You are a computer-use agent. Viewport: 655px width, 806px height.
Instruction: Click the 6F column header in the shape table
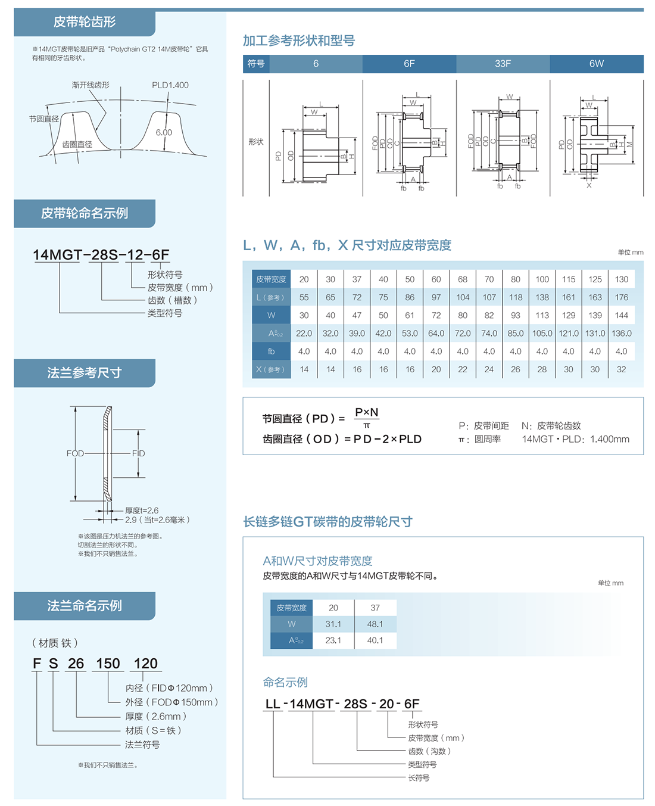(409, 64)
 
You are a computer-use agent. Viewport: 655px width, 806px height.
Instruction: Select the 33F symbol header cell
(503, 64)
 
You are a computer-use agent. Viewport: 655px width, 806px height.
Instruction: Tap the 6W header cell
(596, 64)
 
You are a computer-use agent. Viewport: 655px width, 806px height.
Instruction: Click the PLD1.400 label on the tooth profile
(170, 85)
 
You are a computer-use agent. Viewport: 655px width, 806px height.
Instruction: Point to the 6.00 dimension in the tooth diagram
(164, 132)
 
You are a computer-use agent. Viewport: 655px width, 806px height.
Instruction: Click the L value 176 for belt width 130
(621, 297)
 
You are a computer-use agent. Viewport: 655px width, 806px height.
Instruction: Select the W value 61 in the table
(410, 315)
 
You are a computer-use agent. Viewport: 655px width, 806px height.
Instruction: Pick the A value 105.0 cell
(542, 334)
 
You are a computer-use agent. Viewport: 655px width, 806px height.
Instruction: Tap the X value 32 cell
(621, 369)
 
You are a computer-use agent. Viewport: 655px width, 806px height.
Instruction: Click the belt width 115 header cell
(569, 279)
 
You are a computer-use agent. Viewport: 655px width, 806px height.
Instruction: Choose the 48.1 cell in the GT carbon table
(375, 624)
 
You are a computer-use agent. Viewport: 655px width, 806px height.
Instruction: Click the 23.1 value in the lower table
(333, 640)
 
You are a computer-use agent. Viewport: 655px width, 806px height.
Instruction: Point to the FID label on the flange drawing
(138, 453)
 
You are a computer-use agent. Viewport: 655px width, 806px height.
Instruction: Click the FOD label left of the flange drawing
(75, 453)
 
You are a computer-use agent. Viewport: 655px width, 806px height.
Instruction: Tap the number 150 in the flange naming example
(108, 664)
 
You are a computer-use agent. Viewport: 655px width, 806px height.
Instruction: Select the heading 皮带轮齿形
(85, 22)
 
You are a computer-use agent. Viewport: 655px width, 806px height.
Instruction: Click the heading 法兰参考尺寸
(85, 373)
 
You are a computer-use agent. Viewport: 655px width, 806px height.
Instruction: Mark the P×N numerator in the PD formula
(366, 412)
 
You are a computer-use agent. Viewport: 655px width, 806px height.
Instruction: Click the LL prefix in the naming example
(273, 704)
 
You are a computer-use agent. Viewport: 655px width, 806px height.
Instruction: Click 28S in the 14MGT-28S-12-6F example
(105, 255)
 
